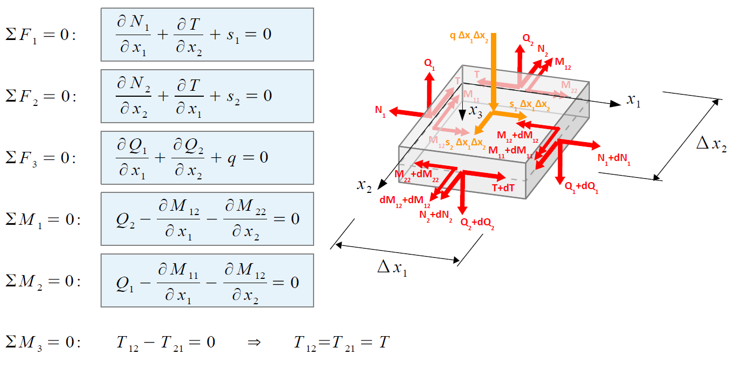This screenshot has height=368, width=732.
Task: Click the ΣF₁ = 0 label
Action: [x=41, y=35]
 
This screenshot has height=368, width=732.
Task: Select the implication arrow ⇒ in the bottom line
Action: [x=254, y=342]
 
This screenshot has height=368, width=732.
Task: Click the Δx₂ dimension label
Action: [x=711, y=144]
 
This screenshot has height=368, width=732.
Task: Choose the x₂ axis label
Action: [x=365, y=185]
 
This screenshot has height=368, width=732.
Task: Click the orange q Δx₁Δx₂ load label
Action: [x=469, y=36]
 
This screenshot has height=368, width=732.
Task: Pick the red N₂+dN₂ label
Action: [x=436, y=214]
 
